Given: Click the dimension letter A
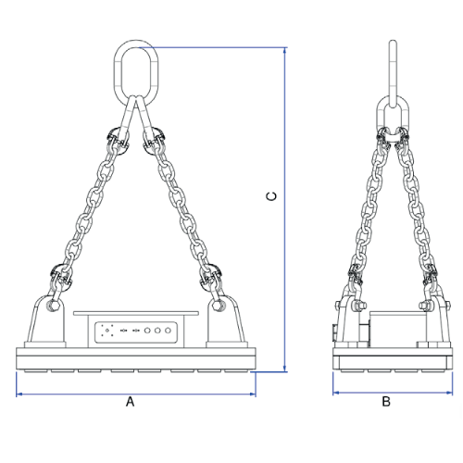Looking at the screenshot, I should coord(131,402).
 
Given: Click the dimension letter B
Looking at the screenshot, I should coord(386,402).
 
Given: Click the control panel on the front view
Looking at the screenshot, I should coord(135,330).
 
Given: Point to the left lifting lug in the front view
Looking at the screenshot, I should coord(51,319).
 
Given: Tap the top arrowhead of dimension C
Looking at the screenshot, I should coord(283,44).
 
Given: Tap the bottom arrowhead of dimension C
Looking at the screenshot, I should coord(283,369).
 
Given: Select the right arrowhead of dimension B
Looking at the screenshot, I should coord(444,393).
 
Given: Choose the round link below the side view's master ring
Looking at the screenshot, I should coord(392,119).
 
